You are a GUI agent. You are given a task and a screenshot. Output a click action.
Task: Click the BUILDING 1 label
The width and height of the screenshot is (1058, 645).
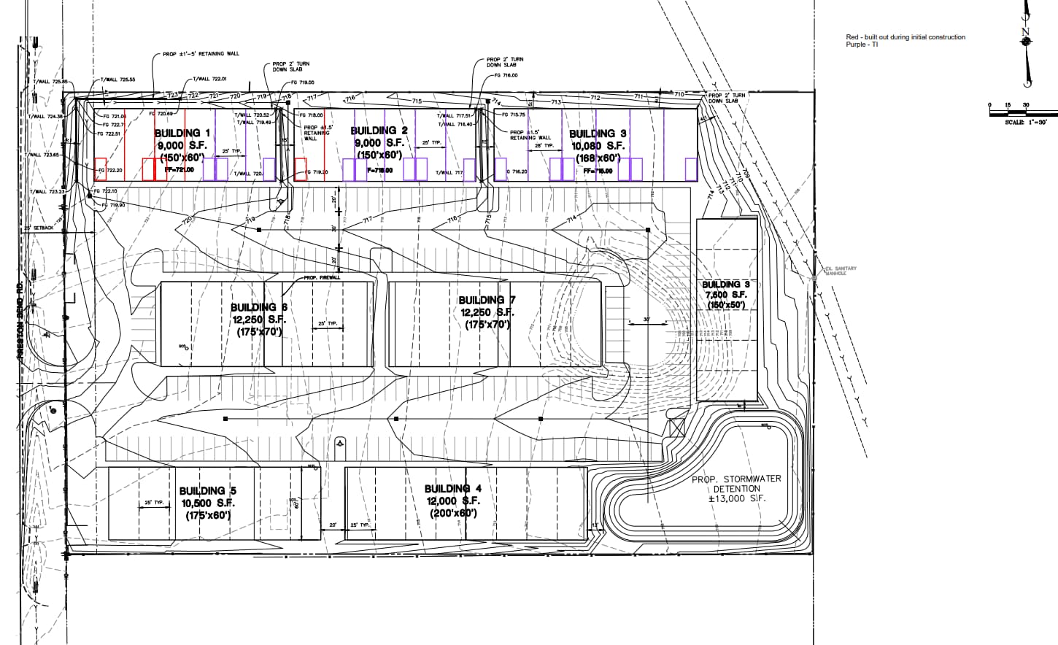click(182, 133)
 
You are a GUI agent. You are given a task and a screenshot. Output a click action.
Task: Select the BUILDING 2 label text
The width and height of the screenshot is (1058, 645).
click(379, 131)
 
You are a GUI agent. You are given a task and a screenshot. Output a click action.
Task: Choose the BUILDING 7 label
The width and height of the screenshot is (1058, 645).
click(487, 300)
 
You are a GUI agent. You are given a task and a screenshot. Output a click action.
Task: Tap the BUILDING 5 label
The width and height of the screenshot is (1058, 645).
click(207, 491)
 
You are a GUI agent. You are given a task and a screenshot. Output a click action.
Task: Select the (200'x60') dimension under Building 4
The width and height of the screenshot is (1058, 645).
click(452, 513)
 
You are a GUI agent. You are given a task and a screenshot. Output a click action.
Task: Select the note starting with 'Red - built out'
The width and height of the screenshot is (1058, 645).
click(905, 37)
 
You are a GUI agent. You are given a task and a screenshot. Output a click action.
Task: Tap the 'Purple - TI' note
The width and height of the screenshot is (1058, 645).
click(862, 45)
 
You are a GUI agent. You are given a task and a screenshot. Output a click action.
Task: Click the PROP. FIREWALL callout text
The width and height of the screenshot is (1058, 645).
click(322, 277)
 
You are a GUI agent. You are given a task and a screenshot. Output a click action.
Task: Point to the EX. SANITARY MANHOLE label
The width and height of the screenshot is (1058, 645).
click(840, 271)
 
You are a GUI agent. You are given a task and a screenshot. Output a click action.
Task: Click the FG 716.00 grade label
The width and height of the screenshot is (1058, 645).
click(506, 75)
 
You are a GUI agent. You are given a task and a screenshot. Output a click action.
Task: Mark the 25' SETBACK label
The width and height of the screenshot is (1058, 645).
click(39, 228)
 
